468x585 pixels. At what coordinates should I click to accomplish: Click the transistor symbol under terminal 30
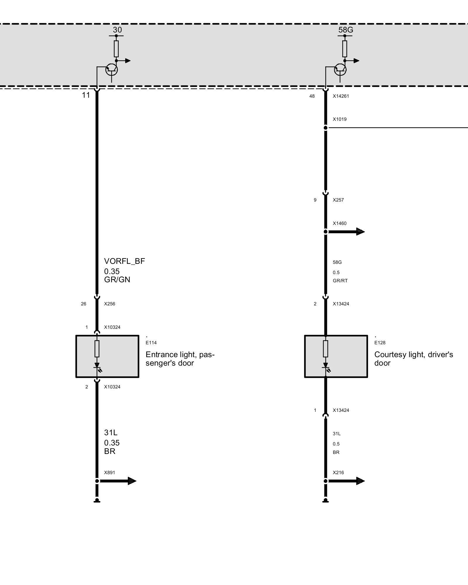(111, 70)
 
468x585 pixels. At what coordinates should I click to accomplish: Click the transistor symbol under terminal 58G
(340, 70)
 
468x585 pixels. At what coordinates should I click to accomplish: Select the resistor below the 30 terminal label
(116, 49)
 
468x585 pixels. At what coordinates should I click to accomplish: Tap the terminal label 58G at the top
(346, 30)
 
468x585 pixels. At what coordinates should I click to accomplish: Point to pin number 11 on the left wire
(86, 95)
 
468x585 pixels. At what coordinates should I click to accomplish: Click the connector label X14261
(341, 96)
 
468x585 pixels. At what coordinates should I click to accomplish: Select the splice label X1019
(340, 119)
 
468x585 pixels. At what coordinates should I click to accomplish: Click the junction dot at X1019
(326, 128)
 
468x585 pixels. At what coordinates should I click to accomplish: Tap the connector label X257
(338, 200)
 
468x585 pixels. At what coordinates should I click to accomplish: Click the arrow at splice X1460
(346, 232)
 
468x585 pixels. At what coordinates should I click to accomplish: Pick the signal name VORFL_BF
(125, 261)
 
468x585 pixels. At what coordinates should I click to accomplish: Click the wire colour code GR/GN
(117, 280)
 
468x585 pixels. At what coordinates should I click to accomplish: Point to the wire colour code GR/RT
(340, 281)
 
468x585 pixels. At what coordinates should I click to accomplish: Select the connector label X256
(110, 304)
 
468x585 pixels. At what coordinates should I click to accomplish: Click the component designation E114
(151, 343)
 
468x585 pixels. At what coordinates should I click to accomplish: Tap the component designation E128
(380, 343)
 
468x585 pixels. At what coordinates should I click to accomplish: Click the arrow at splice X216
(346, 481)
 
